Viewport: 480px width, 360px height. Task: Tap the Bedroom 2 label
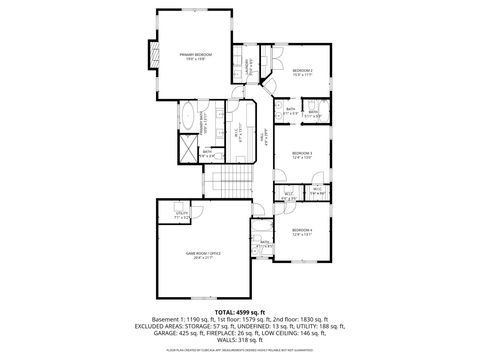tap(303, 72)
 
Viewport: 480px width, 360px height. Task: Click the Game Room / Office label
tap(203, 257)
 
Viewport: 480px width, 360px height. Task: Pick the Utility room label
tap(182, 214)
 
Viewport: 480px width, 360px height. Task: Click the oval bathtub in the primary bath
tap(190, 120)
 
